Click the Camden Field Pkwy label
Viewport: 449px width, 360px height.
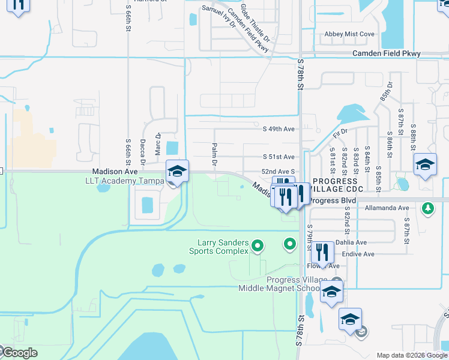[x=386, y=54]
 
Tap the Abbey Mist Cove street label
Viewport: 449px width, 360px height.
[x=349, y=34]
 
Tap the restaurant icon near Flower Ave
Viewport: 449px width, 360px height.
[x=323, y=253]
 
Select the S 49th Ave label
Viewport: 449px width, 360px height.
[x=279, y=129]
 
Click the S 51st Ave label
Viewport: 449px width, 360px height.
[x=279, y=157]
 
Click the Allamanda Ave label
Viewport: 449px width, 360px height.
[x=387, y=208]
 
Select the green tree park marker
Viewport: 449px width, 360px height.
[x=427, y=208]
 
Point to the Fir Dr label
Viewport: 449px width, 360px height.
[x=340, y=131]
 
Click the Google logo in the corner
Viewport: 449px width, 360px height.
[x=19, y=353]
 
